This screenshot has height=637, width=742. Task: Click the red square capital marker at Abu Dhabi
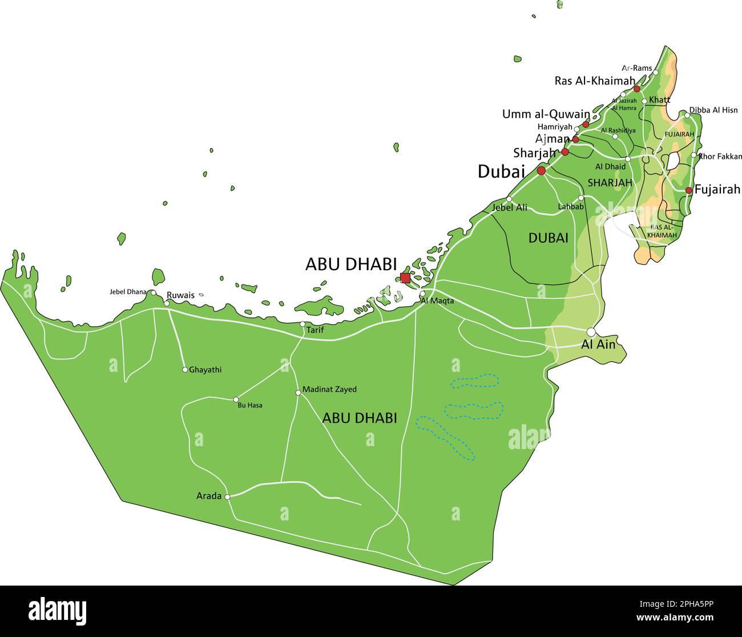tap(405, 278)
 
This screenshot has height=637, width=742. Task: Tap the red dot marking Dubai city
tap(541, 170)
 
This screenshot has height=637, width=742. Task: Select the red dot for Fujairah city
tap(689, 190)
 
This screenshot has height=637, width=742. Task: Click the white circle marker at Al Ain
tap(591, 332)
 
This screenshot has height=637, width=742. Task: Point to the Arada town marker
tap(227, 497)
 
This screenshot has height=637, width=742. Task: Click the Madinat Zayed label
tap(329, 390)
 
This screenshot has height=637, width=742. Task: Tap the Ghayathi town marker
tap(185, 370)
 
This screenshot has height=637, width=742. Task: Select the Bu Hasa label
tap(250, 405)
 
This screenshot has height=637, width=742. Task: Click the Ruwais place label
tap(180, 295)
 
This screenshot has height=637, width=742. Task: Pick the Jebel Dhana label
tap(128, 292)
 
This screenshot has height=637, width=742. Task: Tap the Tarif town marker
tap(303, 324)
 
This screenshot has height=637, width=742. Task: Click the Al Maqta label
tap(437, 301)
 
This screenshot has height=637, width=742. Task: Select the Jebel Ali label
tap(510, 208)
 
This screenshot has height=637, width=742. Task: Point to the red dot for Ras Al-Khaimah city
tap(637, 89)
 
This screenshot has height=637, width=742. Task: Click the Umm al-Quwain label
tap(546, 114)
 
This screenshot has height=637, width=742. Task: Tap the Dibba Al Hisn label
tap(713, 110)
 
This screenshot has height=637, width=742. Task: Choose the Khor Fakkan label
tap(720, 156)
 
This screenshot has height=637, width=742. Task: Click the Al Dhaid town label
tap(610, 167)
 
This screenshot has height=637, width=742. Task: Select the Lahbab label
tap(571, 207)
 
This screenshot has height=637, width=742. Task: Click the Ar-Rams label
tap(636, 69)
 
